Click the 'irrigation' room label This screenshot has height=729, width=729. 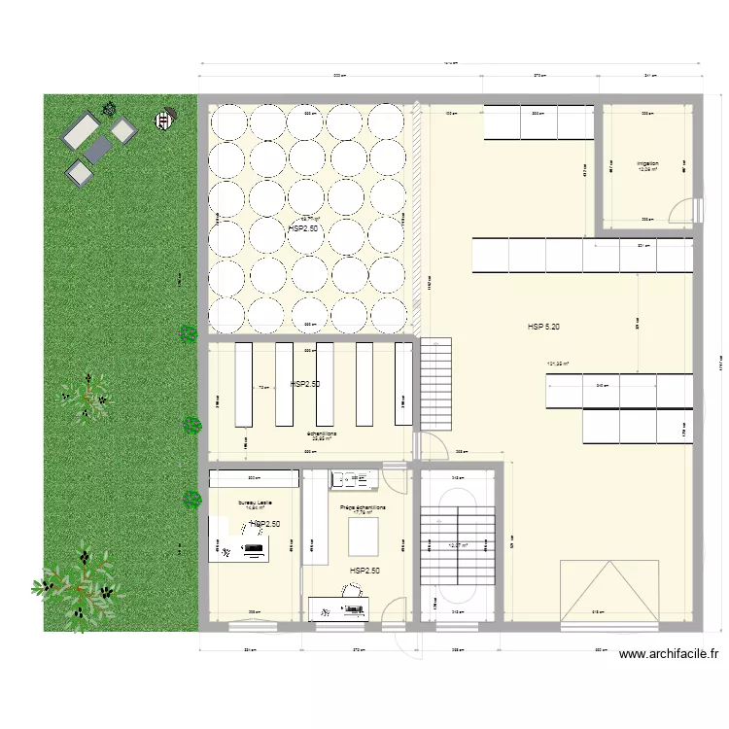coord(647,163)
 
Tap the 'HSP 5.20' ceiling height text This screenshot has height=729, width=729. coord(543,327)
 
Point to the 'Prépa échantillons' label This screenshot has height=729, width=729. coord(363,507)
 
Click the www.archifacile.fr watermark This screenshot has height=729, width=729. coord(669,656)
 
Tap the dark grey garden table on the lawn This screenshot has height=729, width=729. coord(97,149)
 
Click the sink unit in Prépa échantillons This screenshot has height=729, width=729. coord(353,479)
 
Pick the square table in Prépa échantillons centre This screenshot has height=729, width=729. coord(364,536)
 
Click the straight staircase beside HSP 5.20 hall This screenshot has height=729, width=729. coord(436,384)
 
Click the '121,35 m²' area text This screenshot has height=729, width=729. coord(557,365)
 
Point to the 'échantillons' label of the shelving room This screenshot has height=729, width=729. coord(321,434)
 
